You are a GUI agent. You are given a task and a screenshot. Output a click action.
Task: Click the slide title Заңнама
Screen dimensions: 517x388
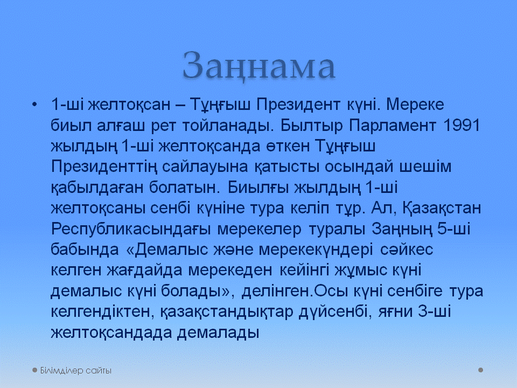(259, 66)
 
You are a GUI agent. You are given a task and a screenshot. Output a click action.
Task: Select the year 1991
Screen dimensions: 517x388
(462, 126)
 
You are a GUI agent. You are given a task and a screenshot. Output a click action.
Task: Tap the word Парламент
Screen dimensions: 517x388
(393, 126)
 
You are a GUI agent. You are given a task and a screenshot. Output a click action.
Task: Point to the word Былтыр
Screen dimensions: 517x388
(312, 126)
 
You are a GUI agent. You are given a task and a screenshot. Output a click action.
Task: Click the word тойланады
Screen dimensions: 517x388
(228, 126)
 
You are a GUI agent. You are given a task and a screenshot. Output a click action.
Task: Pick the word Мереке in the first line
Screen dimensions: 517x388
(415, 105)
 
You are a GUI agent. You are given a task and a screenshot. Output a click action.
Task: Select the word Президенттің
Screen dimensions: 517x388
(104, 167)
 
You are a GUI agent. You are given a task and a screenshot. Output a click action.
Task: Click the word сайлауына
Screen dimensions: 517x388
(205, 167)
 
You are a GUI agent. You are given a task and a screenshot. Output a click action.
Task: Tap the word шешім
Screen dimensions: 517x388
(425, 167)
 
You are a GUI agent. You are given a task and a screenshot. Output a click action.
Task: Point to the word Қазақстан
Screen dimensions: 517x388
(442, 209)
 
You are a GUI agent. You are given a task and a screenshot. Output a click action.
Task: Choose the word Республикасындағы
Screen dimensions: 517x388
(130, 230)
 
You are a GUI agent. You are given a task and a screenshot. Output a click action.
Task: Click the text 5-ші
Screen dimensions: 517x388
(453, 228)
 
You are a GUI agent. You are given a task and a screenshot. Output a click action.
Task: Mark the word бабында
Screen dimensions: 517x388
(85, 250)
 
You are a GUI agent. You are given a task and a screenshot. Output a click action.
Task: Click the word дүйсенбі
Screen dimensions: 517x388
(333, 312)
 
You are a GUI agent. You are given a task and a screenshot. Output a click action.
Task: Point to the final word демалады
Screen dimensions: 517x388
(218, 333)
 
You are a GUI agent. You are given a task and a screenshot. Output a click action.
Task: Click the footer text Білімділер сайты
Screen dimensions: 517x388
(75, 371)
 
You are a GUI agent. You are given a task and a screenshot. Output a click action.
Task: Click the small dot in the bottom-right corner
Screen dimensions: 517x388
(481, 370)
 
